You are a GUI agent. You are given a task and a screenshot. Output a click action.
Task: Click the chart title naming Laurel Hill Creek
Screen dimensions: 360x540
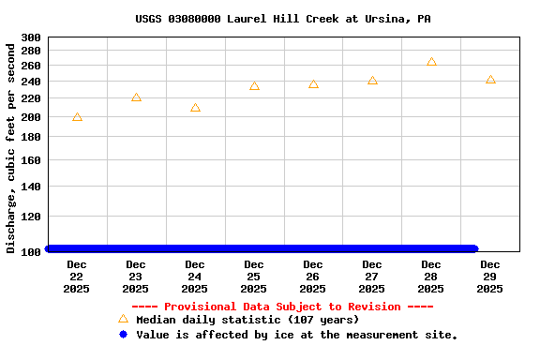coord(282,19)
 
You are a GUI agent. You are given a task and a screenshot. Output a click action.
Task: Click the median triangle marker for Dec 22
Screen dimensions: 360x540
coord(77,117)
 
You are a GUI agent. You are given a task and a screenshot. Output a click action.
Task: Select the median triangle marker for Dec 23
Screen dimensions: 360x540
coord(136,97)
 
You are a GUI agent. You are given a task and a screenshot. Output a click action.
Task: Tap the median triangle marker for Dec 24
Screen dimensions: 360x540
coord(195,108)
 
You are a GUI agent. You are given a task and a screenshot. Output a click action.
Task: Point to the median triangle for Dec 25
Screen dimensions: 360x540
coord(254,86)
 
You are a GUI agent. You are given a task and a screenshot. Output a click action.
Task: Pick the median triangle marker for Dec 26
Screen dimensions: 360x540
coord(313,84)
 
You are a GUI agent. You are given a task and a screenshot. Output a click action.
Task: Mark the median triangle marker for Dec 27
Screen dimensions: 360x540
coord(372,81)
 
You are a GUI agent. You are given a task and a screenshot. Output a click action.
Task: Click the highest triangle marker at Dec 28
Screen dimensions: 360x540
coord(431,62)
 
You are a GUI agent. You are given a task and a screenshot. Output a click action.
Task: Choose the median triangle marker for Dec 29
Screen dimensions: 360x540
coord(490,80)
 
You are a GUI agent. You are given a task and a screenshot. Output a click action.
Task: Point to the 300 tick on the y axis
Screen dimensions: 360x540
coord(31,37)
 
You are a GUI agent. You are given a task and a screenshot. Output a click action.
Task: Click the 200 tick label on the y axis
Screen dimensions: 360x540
coord(31,117)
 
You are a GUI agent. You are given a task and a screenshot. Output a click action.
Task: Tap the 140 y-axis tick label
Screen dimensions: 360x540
coord(31,187)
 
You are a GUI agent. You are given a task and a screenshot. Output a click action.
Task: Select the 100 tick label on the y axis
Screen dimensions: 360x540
coord(31,251)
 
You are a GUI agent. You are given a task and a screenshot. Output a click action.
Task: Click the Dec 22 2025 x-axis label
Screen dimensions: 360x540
coord(77,277)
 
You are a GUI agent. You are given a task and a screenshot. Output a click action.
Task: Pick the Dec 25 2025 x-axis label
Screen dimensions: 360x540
coord(254,277)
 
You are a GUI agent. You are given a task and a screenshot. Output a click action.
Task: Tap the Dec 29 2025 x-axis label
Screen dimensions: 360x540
coord(490,277)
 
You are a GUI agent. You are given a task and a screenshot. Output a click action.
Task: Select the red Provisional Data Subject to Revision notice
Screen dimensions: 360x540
coord(282,307)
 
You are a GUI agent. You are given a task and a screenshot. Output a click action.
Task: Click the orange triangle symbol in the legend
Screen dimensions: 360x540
coord(123,319)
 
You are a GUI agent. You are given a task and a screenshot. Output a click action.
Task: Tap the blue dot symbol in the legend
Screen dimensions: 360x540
coord(123,334)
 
